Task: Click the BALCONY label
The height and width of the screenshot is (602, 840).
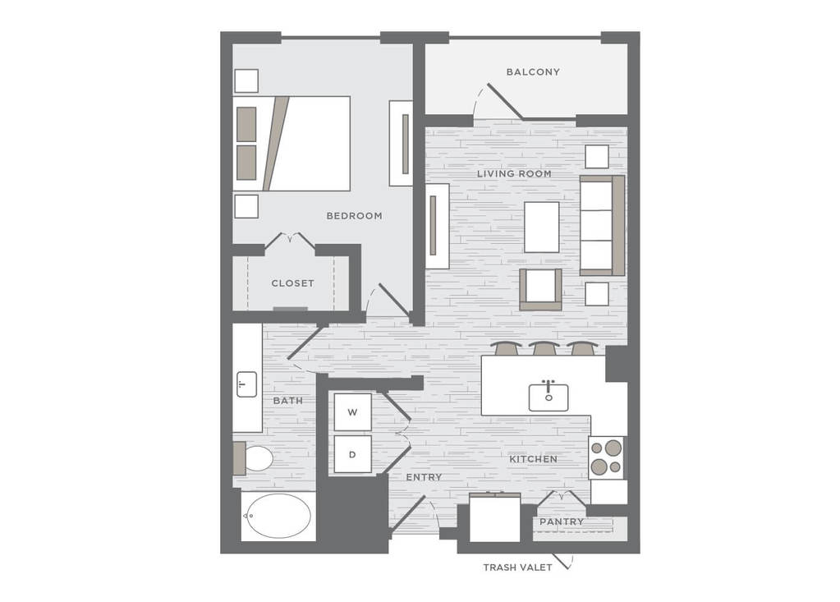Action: click(533, 71)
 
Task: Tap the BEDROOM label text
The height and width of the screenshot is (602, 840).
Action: click(355, 216)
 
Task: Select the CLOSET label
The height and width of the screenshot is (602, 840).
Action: click(292, 283)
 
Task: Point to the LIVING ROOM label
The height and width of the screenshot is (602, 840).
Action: click(514, 173)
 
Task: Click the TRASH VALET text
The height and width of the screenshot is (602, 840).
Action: click(517, 568)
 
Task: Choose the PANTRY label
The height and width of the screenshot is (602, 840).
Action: click(562, 522)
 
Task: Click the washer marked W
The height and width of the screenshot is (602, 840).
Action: click(352, 411)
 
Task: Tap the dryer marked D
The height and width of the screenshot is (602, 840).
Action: click(352, 454)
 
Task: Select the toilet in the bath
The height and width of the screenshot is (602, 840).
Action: click(253, 458)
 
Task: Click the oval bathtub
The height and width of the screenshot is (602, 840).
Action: click(278, 516)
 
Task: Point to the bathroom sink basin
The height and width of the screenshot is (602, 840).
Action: click(247, 384)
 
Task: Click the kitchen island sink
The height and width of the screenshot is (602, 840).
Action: click(549, 397)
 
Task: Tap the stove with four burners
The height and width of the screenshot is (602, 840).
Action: click(607, 458)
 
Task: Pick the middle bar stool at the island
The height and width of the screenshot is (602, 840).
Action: click(544, 349)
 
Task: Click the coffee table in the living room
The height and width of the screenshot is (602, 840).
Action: click(542, 227)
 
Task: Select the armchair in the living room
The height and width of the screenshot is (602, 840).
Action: click(540, 289)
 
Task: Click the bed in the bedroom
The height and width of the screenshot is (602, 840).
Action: click(291, 144)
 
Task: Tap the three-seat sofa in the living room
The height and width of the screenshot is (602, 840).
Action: click(602, 226)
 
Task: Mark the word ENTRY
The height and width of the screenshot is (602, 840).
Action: click(424, 477)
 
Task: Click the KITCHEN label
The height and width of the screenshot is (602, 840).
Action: click(533, 459)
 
